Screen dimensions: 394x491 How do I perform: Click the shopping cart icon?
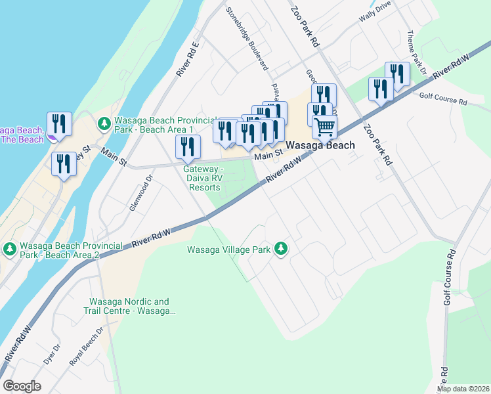325,126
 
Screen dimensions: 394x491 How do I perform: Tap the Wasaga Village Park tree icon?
281,248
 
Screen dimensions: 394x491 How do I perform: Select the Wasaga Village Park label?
229,250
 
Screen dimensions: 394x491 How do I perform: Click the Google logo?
22,386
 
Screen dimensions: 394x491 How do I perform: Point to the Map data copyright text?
463,389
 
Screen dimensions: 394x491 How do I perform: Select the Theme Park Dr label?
415,52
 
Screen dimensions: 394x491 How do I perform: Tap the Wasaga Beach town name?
320,145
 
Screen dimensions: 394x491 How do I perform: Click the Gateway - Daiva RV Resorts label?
204,177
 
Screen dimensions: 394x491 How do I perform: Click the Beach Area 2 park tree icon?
9,249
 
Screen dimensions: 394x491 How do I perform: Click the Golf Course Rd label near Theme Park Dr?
443,102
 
